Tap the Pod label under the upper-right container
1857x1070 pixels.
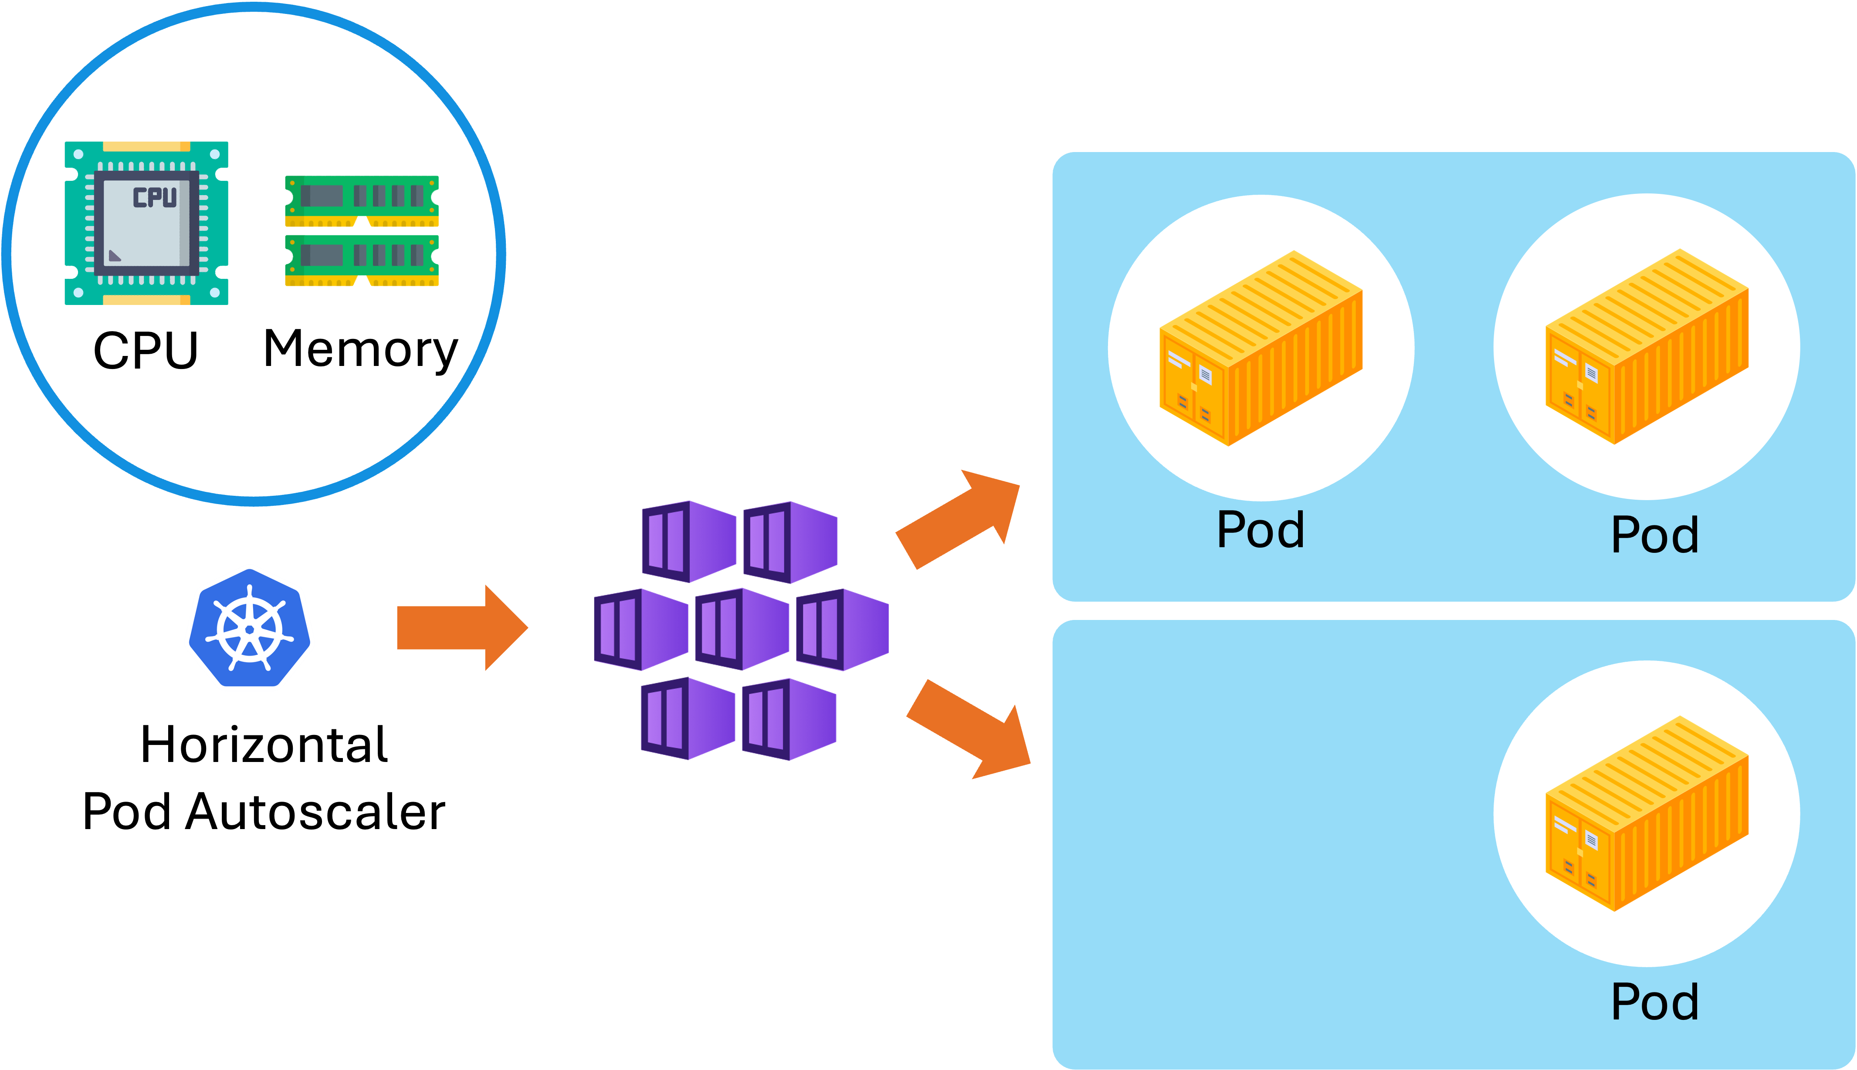(1654, 535)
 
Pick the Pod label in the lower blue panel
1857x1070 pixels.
(1654, 1002)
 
